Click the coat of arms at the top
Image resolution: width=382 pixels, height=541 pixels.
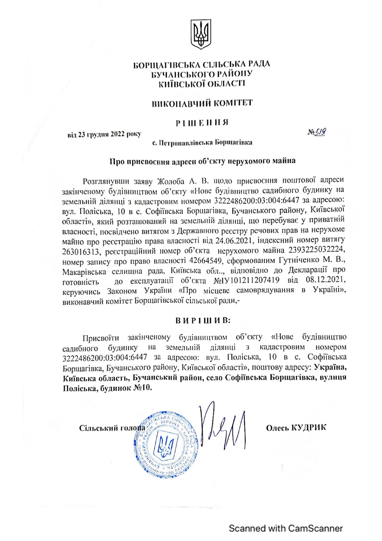point(201,34)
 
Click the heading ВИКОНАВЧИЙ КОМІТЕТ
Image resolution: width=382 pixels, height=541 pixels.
point(202,103)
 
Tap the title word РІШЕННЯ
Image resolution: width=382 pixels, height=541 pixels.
point(202,123)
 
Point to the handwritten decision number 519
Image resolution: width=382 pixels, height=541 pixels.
point(320,132)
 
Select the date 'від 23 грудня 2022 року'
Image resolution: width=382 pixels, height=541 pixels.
point(104,134)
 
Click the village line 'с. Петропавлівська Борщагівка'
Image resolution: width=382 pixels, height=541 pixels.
point(202,143)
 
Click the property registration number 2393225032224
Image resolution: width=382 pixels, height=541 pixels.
point(316,250)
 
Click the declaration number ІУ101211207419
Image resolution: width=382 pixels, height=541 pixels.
point(247,280)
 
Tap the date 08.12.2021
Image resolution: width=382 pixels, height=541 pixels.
point(325,279)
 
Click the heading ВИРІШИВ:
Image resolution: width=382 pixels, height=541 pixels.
point(203,320)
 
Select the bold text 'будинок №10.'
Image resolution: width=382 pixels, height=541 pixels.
point(126,388)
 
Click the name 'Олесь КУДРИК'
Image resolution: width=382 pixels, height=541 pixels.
point(296,428)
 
